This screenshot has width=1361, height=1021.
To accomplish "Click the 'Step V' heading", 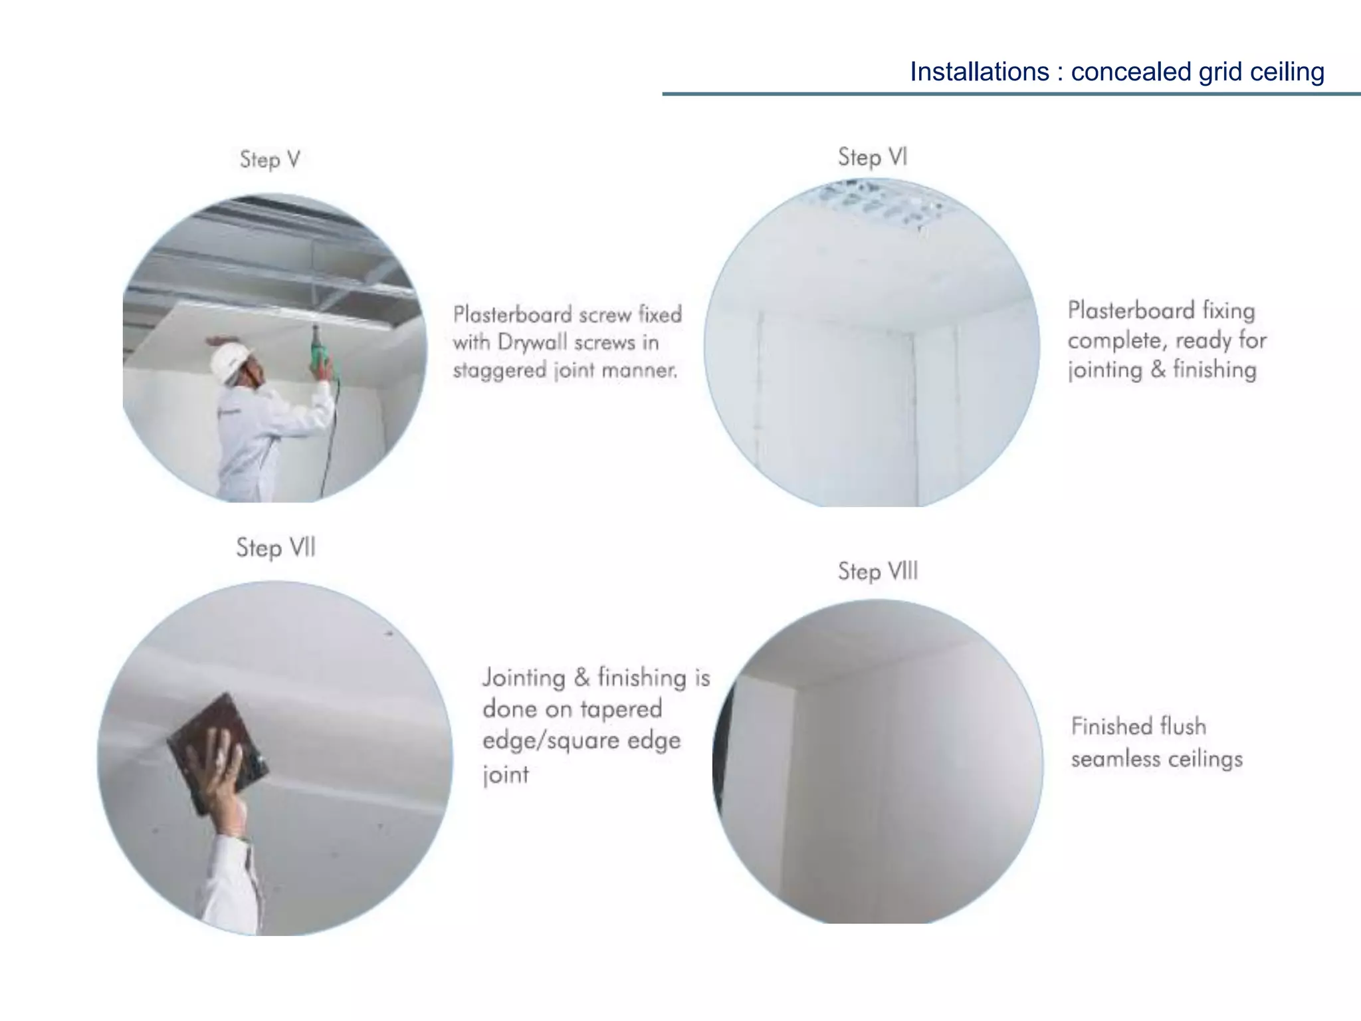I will click(270, 160).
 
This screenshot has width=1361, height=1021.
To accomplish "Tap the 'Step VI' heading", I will click(872, 158).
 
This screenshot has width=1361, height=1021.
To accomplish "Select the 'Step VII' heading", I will click(275, 548).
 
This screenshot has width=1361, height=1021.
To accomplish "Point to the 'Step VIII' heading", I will click(877, 571).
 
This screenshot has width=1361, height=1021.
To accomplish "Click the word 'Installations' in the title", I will click(979, 72).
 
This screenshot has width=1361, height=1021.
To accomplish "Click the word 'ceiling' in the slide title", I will click(1287, 72).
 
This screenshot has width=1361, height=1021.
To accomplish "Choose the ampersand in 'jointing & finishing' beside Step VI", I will click(1158, 369).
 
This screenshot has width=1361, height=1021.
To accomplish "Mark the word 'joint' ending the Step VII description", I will click(506, 774).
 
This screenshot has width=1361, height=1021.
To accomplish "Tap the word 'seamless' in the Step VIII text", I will click(1116, 758).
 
